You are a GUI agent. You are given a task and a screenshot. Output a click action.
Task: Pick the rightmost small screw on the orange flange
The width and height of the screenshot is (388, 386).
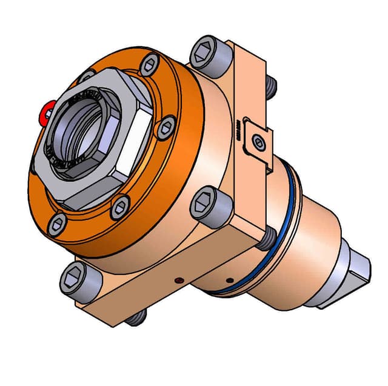point(165,125)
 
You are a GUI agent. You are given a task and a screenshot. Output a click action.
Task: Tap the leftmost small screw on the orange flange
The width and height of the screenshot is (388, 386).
point(58,224)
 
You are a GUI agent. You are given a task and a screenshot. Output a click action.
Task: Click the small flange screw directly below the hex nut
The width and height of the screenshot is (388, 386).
point(119,207)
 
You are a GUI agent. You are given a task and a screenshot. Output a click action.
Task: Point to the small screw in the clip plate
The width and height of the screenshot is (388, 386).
point(258,142)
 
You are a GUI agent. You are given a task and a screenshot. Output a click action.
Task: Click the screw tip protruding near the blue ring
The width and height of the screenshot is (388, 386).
point(266,237)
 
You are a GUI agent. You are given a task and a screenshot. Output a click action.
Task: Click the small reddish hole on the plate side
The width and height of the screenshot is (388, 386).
point(178,281)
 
